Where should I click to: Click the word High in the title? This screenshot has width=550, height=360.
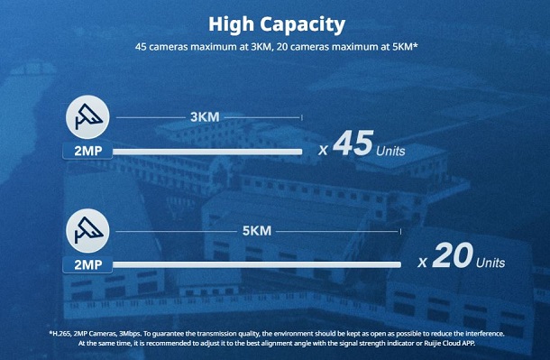click(231, 24)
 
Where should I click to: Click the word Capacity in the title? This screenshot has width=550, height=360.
click(303, 25)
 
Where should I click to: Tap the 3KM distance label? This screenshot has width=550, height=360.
click(205, 117)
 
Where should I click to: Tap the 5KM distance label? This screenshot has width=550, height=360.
click(257, 231)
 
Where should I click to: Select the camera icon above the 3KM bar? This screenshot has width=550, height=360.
click(87, 117)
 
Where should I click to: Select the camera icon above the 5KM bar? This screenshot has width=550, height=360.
click(87, 231)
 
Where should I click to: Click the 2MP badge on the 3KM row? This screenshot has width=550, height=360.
click(87, 151)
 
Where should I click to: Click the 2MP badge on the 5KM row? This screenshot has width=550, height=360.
click(87, 264)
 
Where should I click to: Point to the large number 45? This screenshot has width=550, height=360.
click(353, 143)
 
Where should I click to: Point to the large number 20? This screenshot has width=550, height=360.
click(453, 255)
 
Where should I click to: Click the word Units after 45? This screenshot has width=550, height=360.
click(390, 152)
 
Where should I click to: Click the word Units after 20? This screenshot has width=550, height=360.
click(490, 263)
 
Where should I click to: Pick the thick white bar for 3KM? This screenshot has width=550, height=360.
click(207, 152)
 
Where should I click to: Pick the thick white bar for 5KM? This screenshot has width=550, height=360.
click(257, 264)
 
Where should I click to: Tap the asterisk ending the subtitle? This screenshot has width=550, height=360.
click(416, 45)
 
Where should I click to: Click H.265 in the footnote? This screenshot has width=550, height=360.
click(61, 334)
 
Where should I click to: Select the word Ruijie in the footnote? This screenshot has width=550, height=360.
click(431, 343)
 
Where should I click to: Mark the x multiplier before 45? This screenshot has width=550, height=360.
click(323, 151)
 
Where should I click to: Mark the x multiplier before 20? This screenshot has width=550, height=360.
click(422, 263)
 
